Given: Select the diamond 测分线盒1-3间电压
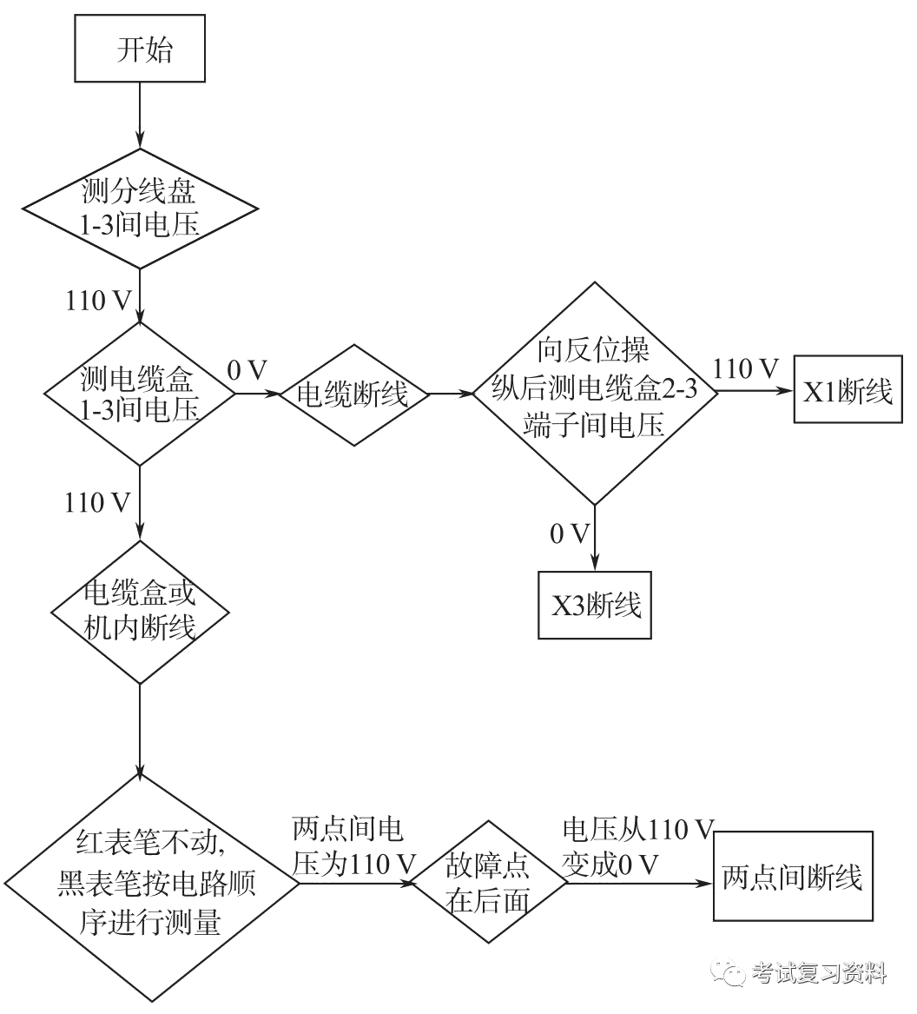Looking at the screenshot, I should point(140,210).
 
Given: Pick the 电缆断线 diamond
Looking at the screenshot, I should point(353,394).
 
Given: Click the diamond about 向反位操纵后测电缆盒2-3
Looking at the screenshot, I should point(594,392).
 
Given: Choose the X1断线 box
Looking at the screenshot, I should point(848,393).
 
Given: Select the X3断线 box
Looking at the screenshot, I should point(595,606).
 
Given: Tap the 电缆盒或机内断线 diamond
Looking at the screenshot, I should point(140,613).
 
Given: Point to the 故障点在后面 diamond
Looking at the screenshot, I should point(487,882).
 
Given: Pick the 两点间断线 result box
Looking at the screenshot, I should point(793,877).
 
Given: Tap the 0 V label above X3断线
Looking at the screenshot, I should point(570,534).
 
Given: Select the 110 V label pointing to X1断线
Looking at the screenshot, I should point(745,370).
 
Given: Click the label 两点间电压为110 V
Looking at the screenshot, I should point(353,846).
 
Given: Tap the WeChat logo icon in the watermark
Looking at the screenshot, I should point(728,972).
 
